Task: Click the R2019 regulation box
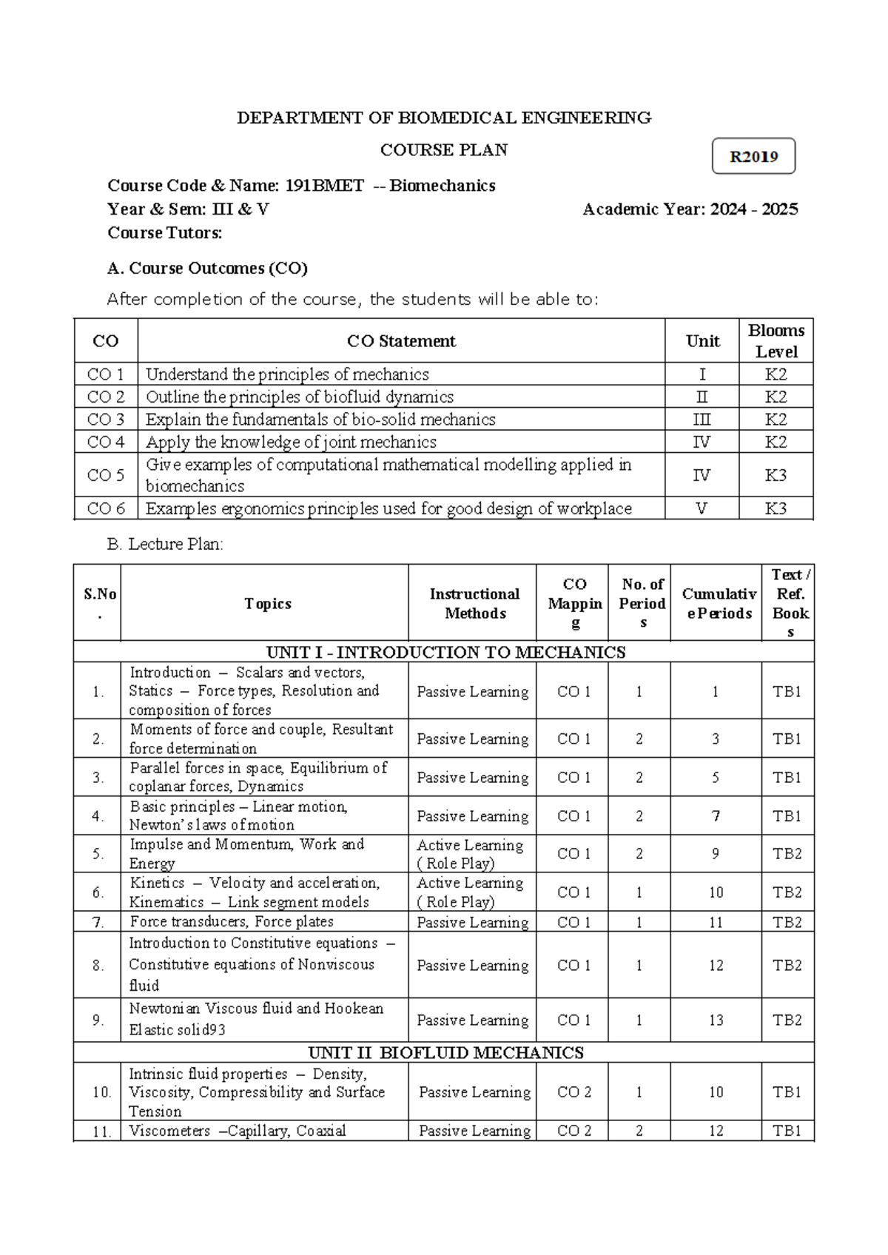pos(753,156)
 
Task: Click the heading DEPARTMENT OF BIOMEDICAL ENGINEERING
pos(443,118)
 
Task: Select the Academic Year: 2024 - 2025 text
pos(690,209)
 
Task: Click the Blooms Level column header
pos(776,341)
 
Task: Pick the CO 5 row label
pos(106,475)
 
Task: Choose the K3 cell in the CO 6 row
pos(776,508)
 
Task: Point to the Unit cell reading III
pos(702,420)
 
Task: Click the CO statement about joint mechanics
pos(291,443)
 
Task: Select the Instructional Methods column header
pos(474,603)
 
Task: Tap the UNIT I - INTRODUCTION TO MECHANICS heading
pos(445,652)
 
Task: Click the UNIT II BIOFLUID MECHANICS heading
pos(445,1052)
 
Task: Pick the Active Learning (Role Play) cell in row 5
pos(471,854)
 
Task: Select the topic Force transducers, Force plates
pos(232,921)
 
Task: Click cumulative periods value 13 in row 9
pos(716,1020)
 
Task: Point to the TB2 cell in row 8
pos(787,965)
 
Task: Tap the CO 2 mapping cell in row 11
pos(573,1131)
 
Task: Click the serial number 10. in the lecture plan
pos(101,1092)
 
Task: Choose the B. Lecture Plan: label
pos(165,545)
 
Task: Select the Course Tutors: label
pos(164,233)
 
